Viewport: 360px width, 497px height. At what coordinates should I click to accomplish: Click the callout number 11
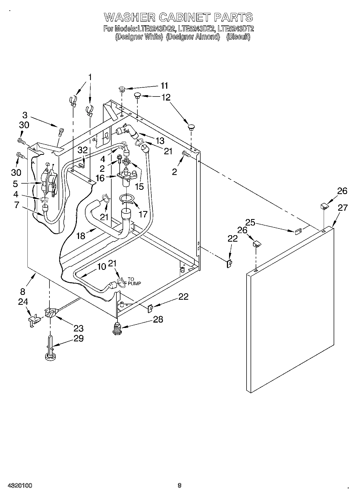click(164, 86)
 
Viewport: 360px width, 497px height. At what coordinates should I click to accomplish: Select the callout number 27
click(343, 208)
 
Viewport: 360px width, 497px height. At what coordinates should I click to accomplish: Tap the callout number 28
click(158, 319)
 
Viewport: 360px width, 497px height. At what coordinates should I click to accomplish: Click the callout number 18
click(81, 236)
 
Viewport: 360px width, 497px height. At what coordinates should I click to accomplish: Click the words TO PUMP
click(134, 281)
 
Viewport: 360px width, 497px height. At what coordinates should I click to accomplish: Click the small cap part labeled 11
click(122, 89)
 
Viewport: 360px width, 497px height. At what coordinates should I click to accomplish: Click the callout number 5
click(15, 184)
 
